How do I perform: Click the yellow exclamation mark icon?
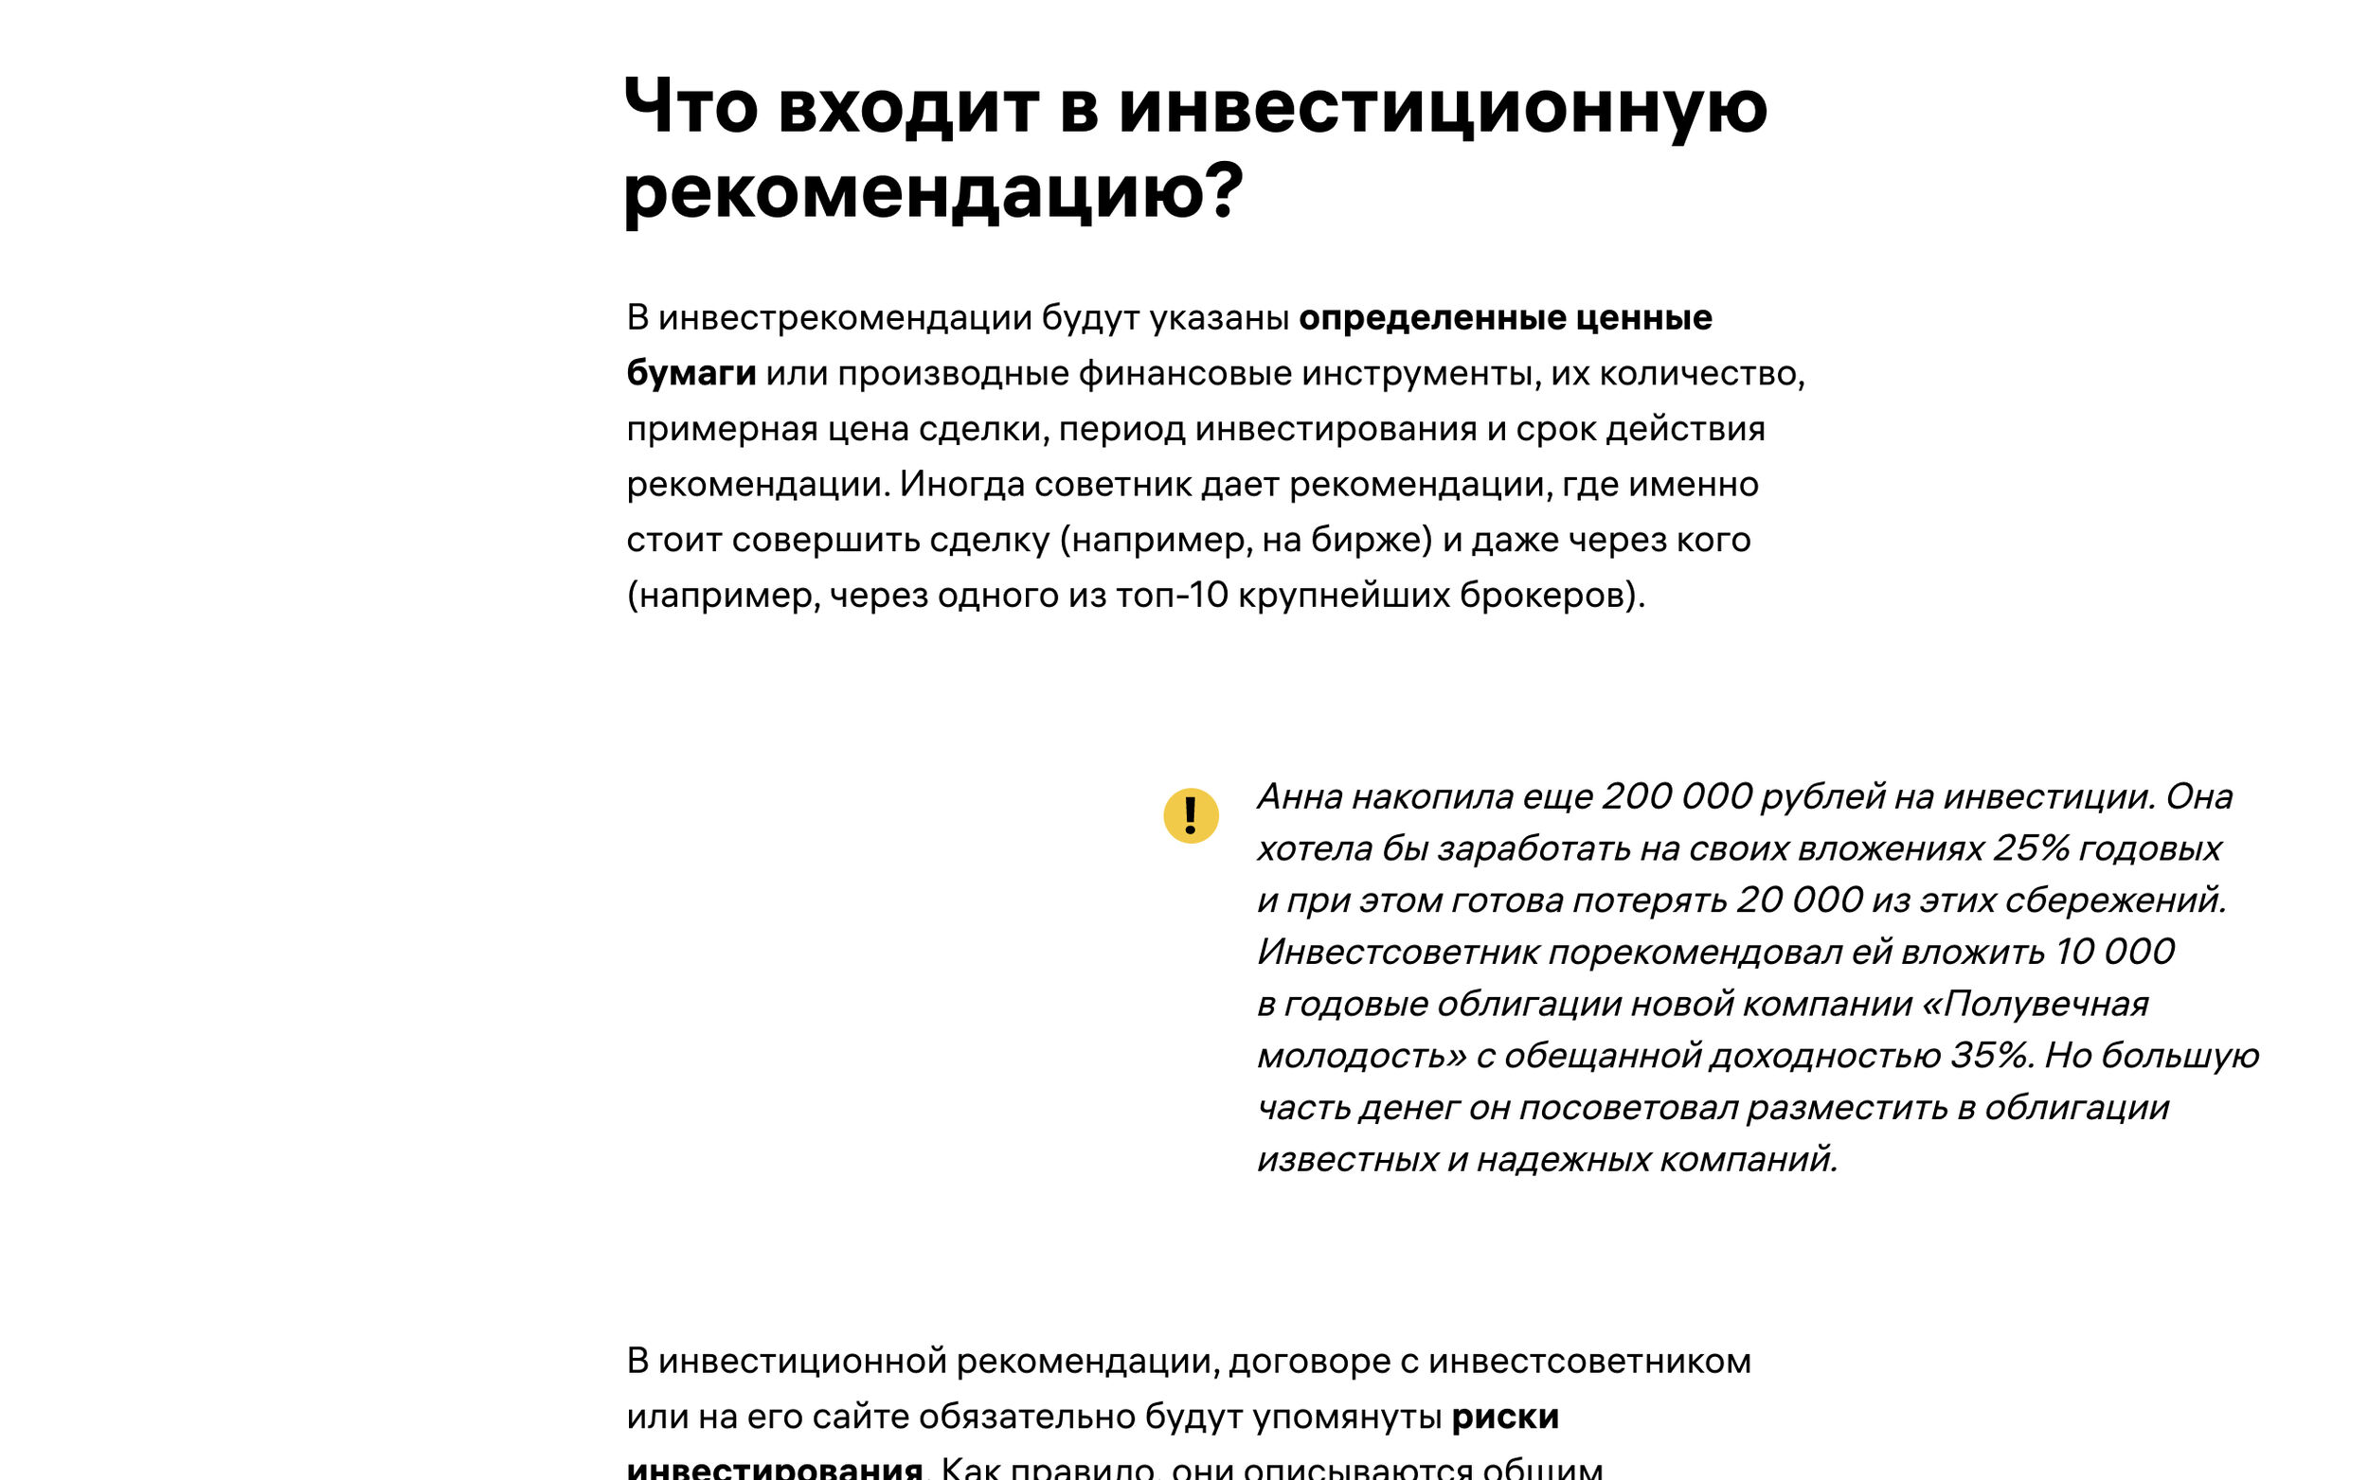pos(1191,815)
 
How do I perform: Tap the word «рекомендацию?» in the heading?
pos(933,191)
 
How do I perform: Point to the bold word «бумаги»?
pos(691,373)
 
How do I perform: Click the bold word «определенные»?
pos(1433,317)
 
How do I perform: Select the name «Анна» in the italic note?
pos(1300,796)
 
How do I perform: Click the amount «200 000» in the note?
pos(1676,796)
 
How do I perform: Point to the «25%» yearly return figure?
pos(2030,847)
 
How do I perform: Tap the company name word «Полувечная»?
pos(2046,1004)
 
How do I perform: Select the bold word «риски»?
pos(1504,1417)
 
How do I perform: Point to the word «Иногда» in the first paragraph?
pos(961,485)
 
